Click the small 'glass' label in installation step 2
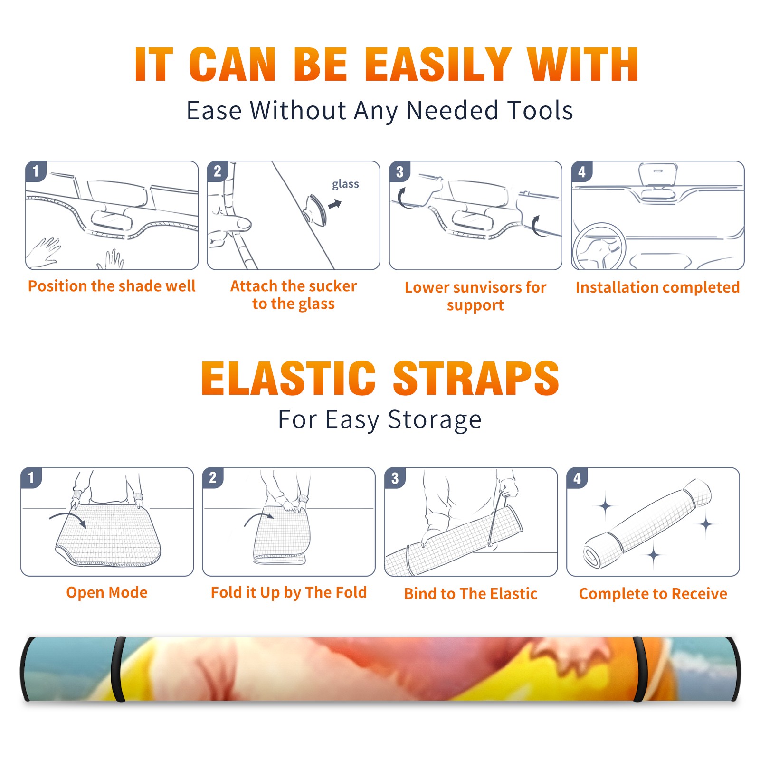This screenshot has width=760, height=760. pos(345,184)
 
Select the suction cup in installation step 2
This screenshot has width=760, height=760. pos(316,210)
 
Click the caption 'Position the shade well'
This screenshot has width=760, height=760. pos(112,286)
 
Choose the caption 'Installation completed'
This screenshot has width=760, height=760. pos(657,287)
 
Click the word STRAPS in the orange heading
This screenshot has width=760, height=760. pos(476,378)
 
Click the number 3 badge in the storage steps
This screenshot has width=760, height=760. pos(395,478)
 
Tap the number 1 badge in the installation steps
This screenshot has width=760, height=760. pos(36,171)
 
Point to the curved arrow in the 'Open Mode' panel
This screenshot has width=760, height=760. pos(67,518)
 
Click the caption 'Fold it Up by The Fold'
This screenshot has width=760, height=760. pos(289,593)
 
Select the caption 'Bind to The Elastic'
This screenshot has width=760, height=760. pos(471,594)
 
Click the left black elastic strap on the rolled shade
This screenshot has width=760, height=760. pos(118,669)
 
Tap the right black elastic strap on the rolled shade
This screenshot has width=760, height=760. pos(639,669)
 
